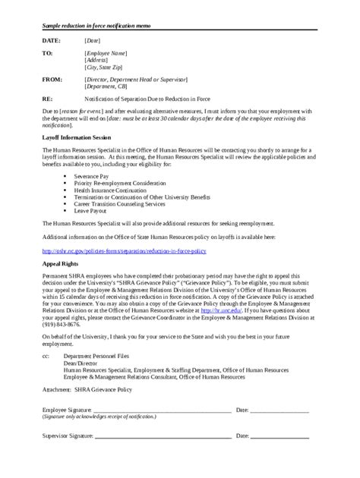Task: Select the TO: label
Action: (x=46, y=54)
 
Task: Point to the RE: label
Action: (x=46, y=99)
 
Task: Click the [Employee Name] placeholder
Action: (x=106, y=54)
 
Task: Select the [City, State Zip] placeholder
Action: (x=106, y=67)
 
